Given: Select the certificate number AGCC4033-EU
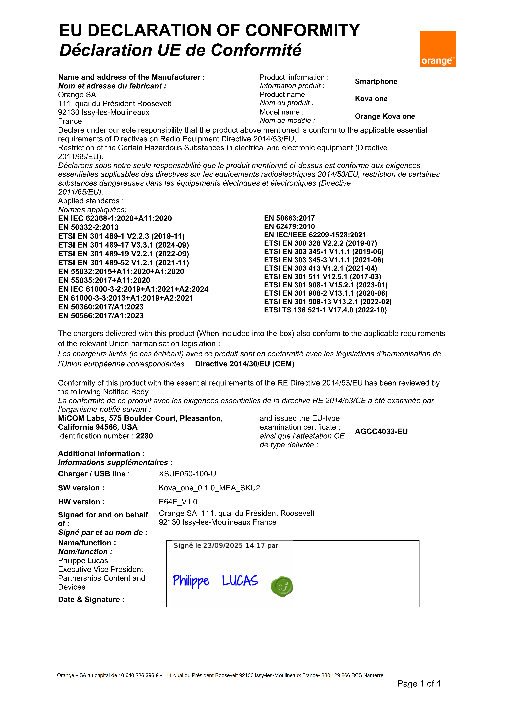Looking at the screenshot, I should pyautogui.click(x=381, y=432).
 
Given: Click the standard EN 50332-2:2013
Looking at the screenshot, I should pyautogui.click(x=88, y=227).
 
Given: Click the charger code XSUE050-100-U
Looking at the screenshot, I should pyautogui.click(x=187, y=474).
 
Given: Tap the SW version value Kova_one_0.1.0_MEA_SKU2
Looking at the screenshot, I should pyautogui.click(x=209, y=488).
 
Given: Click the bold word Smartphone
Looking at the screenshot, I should pyautogui.click(x=376, y=81).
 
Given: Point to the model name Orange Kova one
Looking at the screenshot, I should pyautogui.click(x=385, y=116).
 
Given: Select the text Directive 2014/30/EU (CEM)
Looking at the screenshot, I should pyautogui.click(x=245, y=364).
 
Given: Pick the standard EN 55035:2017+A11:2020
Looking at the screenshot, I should pyautogui.click(x=104, y=280).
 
